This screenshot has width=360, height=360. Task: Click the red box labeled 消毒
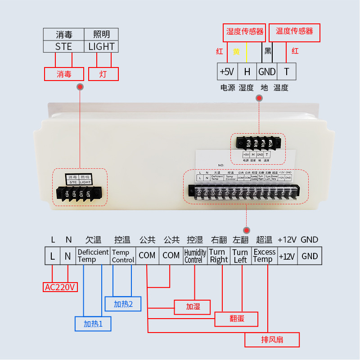click(x=64, y=74)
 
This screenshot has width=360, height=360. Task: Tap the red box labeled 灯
click(x=103, y=74)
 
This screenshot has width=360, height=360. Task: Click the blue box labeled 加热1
click(x=93, y=324)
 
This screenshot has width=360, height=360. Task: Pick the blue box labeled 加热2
click(x=123, y=304)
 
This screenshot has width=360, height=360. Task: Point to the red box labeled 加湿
click(x=193, y=307)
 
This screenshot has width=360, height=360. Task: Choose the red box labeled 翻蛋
click(x=237, y=319)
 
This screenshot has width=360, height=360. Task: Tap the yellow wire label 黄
click(x=236, y=51)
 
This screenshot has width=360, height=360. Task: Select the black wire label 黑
click(x=268, y=51)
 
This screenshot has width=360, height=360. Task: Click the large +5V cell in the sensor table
click(x=227, y=72)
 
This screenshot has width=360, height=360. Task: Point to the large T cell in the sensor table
click(x=286, y=72)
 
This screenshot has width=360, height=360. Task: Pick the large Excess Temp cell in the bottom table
click(x=264, y=256)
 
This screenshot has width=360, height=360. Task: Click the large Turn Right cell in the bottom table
click(x=219, y=256)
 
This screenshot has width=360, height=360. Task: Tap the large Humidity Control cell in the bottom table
click(x=195, y=256)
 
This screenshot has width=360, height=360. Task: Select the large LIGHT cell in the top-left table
click(x=101, y=46)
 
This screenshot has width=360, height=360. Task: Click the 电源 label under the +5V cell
click(x=228, y=88)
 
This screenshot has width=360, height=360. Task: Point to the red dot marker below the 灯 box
click(x=80, y=87)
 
